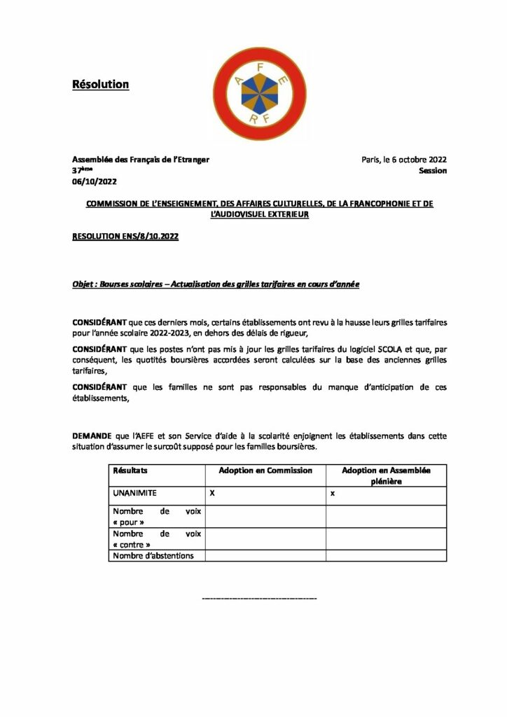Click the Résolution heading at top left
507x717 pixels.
tap(101, 85)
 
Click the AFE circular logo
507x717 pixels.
tap(260, 85)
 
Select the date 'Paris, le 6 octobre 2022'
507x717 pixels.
tap(403, 160)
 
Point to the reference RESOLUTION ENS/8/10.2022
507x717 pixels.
tap(125, 237)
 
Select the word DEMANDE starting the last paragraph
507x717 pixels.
tap(92, 436)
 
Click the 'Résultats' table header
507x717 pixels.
tap(130, 471)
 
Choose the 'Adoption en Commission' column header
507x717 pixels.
tap(265, 471)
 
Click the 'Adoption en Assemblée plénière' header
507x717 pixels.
tap(386, 475)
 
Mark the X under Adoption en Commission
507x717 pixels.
tap(211, 494)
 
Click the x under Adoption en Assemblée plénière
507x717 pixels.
tap(333, 494)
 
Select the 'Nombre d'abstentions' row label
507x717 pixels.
tap(153, 556)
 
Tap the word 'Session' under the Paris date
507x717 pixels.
tap(433, 171)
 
